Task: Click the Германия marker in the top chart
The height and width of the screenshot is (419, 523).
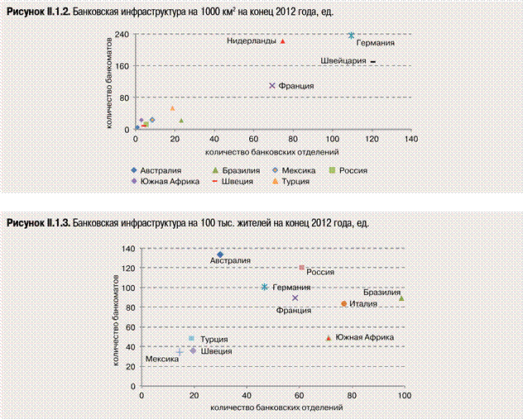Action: pos(352,36)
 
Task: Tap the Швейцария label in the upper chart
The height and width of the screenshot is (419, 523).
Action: pos(343,61)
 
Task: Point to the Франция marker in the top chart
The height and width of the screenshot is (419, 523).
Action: pos(272,86)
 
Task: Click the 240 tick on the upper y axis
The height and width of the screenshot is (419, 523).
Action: pos(121,35)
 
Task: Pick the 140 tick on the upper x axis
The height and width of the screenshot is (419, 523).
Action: pos(410,140)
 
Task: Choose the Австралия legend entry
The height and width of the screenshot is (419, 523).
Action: pos(156,170)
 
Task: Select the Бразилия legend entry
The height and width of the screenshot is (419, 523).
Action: pos(226,170)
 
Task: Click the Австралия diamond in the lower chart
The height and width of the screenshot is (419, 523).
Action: pos(220,255)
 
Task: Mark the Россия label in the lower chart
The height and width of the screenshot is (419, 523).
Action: pos(320,271)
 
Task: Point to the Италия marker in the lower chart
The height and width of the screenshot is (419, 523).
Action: pos(344,304)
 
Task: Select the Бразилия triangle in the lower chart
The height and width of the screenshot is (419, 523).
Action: pos(402,298)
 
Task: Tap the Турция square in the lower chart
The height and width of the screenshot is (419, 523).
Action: pos(192,338)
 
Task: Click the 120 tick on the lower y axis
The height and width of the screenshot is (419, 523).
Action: pos(128,269)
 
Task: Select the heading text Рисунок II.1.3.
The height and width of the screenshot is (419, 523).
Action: pos(38,223)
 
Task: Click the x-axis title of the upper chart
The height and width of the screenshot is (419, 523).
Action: pos(240,152)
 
